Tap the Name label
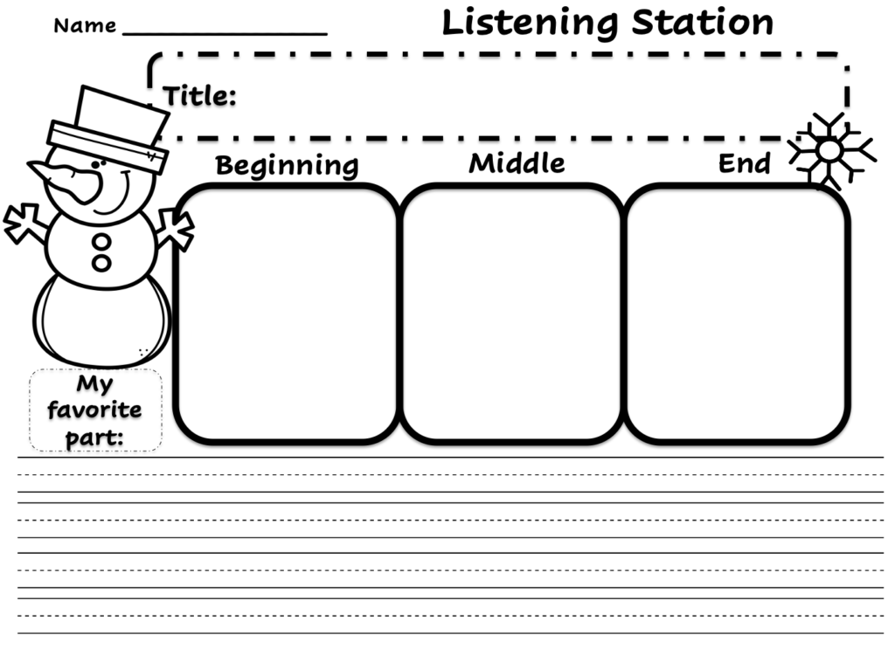click(x=84, y=26)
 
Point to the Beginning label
click(x=287, y=165)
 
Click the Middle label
click(x=517, y=163)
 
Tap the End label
click(x=744, y=163)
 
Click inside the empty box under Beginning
click(x=287, y=313)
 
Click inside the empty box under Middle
click(x=512, y=313)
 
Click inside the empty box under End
click(x=737, y=313)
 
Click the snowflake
click(x=829, y=150)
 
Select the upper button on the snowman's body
click(x=102, y=242)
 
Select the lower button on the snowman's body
click(x=102, y=262)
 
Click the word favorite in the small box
click(x=94, y=410)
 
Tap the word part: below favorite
click(x=94, y=437)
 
